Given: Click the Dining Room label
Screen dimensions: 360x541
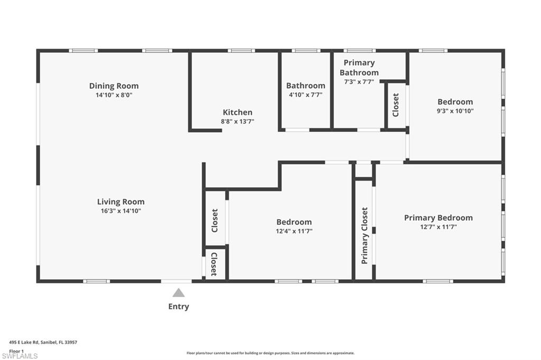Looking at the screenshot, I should [x=114, y=86].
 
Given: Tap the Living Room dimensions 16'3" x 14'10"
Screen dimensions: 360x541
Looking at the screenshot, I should [x=120, y=211].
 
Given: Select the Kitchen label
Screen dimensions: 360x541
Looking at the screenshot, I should [x=237, y=112].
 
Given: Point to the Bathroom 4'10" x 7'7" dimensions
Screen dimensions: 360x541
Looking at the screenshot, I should [x=305, y=95].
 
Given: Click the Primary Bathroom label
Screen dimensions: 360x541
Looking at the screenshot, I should [x=359, y=68].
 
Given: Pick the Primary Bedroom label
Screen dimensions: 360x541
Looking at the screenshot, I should [x=438, y=217].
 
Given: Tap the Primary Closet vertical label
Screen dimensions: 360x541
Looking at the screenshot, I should [x=364, y=235].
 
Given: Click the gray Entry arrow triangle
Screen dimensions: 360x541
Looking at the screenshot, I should [x=179, y=292].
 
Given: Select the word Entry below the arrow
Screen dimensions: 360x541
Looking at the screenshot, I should [x=179, y=307].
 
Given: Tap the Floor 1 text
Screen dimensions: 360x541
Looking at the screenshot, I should [x=16, y=350].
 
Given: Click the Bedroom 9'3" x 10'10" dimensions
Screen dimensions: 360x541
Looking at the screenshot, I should [x=455, y=111].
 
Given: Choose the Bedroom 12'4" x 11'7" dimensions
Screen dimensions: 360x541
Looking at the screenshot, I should [x=294, y=231].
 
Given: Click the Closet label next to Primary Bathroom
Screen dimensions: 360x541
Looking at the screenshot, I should [x=395, y=105].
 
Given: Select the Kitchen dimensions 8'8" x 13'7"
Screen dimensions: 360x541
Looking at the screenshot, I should [x=237, y=121].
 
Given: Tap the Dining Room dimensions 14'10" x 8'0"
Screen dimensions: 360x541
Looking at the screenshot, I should [x=114, y=96].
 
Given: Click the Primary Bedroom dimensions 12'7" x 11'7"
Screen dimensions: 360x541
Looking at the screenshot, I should [x=438, y=227].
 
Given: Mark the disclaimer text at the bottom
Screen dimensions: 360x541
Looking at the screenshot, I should [x=270, y=353].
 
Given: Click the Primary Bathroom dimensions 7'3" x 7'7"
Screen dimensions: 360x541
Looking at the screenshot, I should [x=359, y=82].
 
